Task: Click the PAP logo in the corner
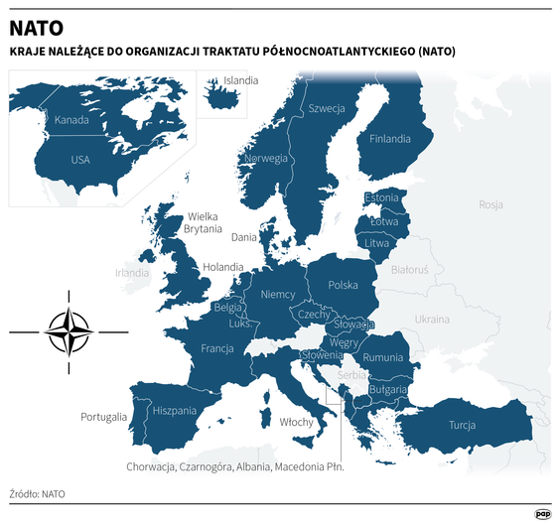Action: point(542,512)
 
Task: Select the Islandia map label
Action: point(241,80)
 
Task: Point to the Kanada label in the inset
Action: point(71,121)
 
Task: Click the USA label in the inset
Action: point(80,159)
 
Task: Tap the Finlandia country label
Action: point(390,139)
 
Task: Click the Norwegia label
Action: point(266,159)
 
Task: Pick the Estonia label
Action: point(382,197)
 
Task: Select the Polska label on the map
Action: point(343,285)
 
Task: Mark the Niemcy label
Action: point(278,295)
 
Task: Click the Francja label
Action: point(216,348)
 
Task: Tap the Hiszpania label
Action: point(176,410)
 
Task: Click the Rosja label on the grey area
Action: point(490,205)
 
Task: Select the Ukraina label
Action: point(432,320)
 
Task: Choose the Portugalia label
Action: point(104,417)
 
